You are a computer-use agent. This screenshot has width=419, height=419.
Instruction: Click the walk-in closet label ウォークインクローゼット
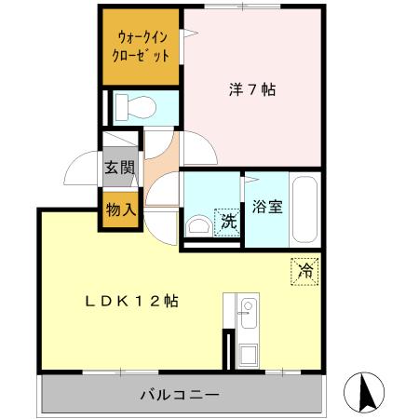click(142, 47)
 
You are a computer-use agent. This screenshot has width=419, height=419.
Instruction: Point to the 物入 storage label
click(120, 209)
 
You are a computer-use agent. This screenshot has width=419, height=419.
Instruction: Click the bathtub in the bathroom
click(305, 207)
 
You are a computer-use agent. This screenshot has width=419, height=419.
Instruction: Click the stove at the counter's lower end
click(248, 354)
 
